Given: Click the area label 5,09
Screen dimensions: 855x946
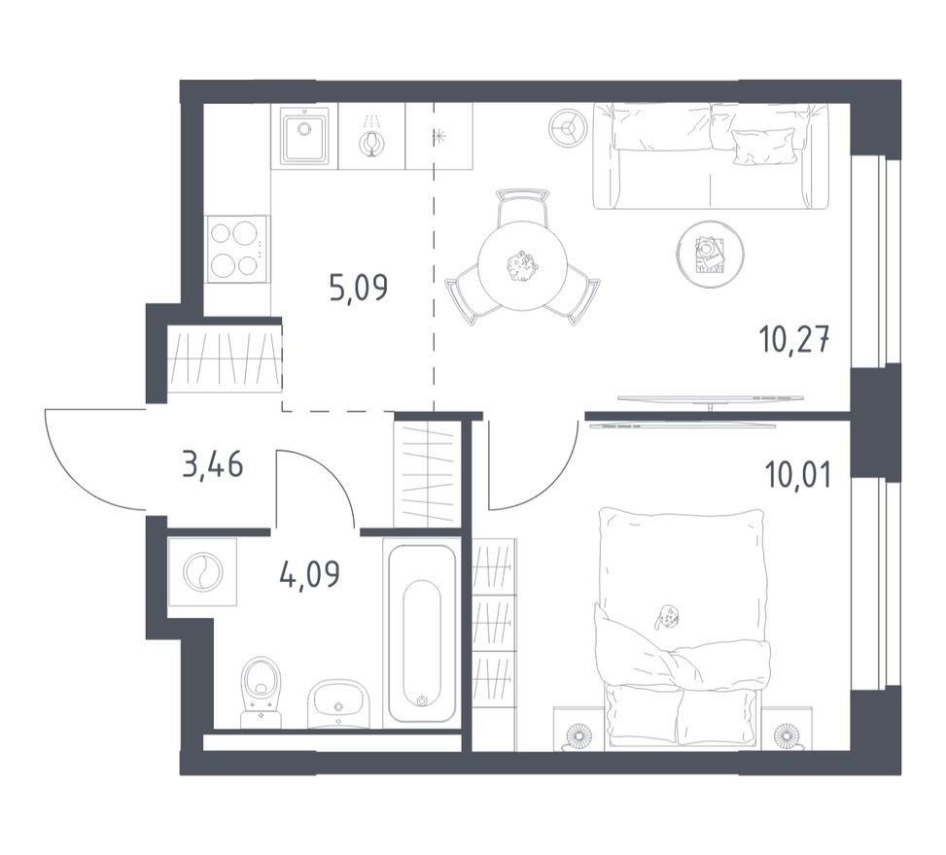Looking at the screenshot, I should tap(358, 289).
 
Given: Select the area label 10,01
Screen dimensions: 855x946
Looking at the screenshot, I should tap(797, 479).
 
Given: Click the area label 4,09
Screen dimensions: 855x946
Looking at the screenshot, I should tap(309, 575).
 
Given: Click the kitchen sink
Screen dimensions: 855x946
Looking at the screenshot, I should tap(304, 137).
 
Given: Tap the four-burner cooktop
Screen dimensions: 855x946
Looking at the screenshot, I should tap(237, 249).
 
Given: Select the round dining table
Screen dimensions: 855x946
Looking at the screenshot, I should tap(522, 265).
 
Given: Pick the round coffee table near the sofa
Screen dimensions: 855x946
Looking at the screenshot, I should tap(710, 254).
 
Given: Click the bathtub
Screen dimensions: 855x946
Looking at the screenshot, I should tap(420, 633).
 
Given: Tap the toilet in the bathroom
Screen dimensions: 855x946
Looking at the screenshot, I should tap(261, 692).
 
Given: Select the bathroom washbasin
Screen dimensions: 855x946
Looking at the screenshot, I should tap(337, 703).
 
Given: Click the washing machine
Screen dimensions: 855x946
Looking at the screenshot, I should tap(202, 572).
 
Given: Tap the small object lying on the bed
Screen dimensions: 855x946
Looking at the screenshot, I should tap(668, 615).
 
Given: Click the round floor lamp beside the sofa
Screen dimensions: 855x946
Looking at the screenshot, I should tap(567, 127).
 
